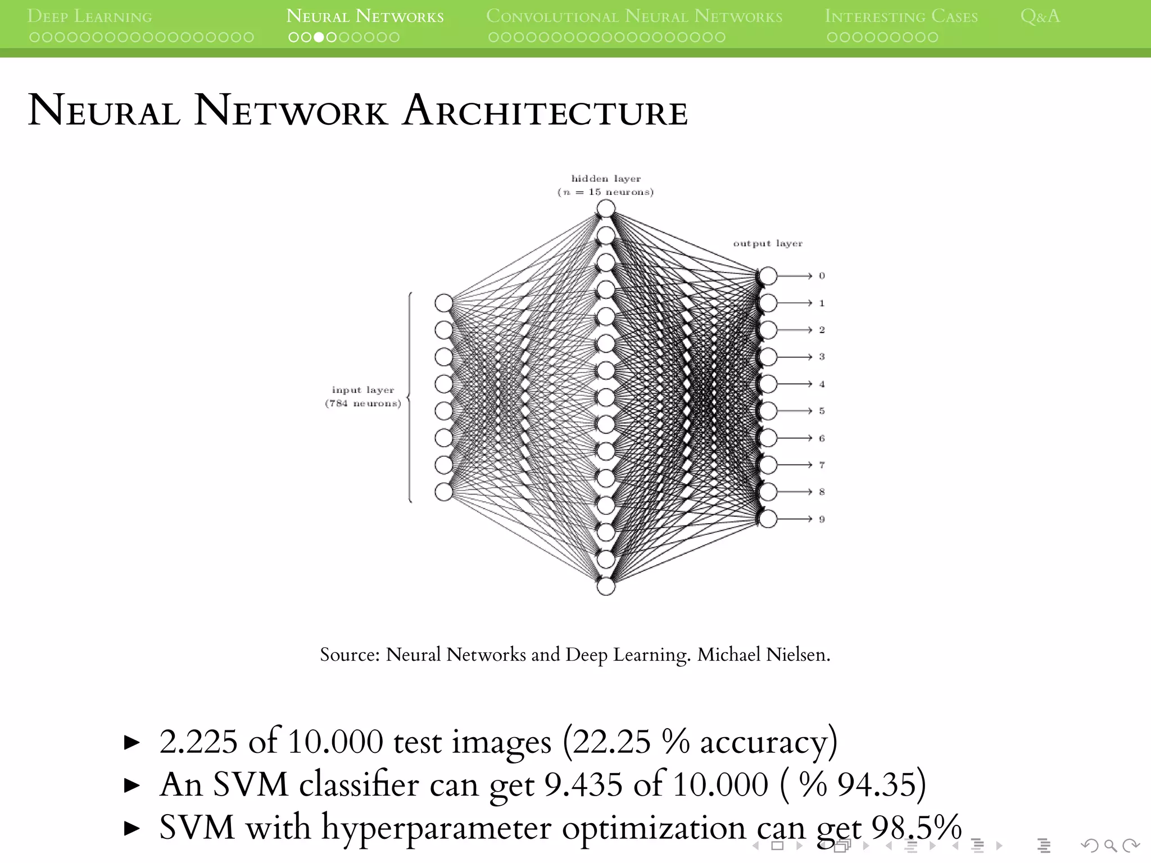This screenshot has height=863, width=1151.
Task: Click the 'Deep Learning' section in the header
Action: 89,16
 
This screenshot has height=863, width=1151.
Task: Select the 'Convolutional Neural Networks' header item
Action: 634,16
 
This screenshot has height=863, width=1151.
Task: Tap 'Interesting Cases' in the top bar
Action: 901,16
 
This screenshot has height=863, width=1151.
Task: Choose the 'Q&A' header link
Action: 1040,16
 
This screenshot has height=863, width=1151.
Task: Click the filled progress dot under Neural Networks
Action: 319,38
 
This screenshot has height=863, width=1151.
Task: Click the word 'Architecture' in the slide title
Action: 545,111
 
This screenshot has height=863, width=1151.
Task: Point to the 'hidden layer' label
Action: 605,179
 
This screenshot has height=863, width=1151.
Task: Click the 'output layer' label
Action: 768,243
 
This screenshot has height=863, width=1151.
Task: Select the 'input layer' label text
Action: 362,390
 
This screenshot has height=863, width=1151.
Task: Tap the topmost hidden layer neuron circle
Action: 606,209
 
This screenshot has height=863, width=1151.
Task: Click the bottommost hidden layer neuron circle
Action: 606,587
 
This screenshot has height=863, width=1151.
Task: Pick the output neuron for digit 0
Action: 768,276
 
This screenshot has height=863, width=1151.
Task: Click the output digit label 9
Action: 822,519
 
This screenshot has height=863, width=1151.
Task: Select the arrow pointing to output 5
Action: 795,411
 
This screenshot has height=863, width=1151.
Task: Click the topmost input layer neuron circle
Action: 444,303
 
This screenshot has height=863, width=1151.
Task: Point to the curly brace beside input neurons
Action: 410,397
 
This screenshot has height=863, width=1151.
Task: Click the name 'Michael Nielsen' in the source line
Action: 763,655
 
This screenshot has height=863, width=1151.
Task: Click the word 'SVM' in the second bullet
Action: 251,784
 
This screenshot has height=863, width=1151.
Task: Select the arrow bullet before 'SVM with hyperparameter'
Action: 132,828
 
